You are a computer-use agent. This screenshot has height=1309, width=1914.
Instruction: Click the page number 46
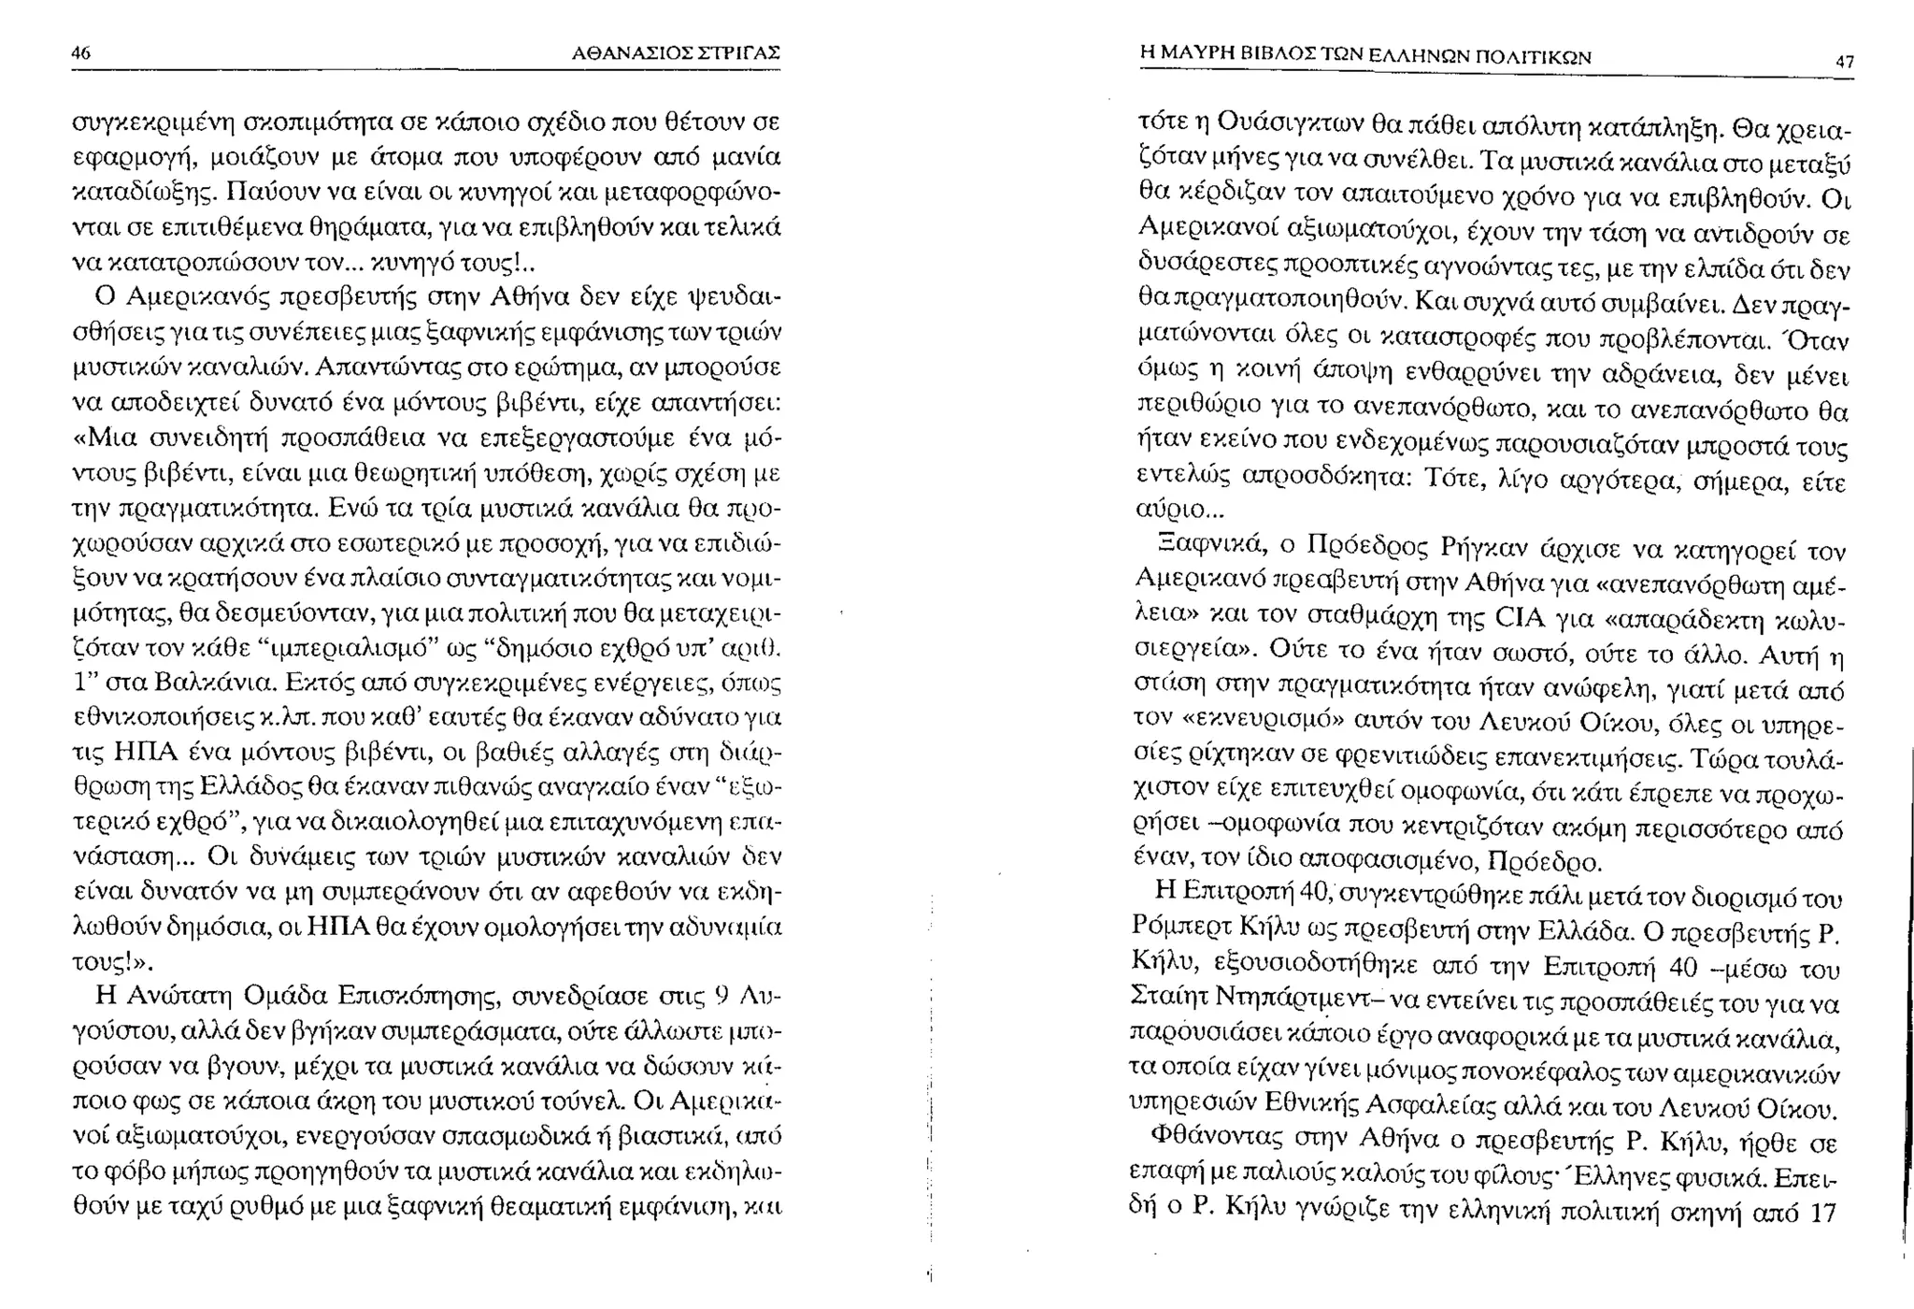pyautogui.click(x=81, y=53)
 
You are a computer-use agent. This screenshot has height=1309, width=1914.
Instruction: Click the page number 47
pyautogui.click(x=1844, y=62)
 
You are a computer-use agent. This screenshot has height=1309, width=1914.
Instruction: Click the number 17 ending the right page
pyautogui.click(x=1823, y=1214)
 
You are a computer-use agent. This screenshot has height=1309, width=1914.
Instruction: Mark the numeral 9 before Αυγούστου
pyautogui.click(x=720, y=997)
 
